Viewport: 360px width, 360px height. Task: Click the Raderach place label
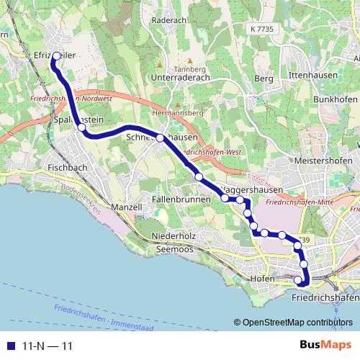pyautogui.click(x=170, y=21)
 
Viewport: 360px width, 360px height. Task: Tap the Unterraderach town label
pyautogui.click(x=184, y=76)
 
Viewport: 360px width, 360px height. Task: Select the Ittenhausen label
pyautogui.click(x=308, y=75)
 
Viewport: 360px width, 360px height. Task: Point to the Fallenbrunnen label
pyautogui.click(x=181, y=198)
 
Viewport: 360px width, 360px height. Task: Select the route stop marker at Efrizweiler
pyautogui.click(x=53, y=63)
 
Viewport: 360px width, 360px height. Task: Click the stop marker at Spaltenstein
pyautogui.click(x=82, y=127)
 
